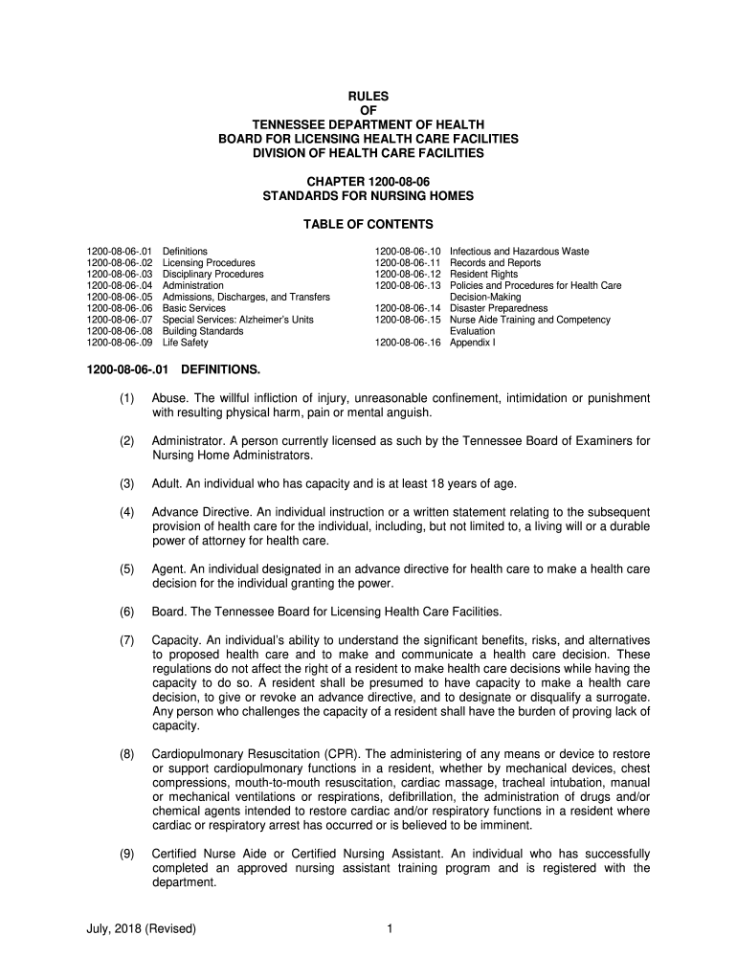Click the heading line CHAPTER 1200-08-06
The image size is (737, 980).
coord(368,181)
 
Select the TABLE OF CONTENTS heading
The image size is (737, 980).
coord(368,225)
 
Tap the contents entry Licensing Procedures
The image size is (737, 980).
coord(209,263)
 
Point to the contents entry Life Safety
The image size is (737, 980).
coord(185,343)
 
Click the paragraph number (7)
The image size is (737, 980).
coord(127,639)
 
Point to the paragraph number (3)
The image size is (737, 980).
coord(127,483)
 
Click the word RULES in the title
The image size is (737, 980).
coord(368,97)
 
